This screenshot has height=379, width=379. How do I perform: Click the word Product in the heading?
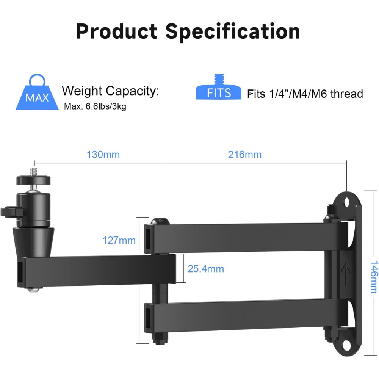click(117, 31)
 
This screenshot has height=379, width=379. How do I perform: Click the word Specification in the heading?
click(233, 32)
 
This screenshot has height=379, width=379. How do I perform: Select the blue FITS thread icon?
click(219, 87)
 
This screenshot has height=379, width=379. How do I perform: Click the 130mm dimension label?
click(103, 155)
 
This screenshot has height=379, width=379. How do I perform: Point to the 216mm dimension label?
click(244, 155)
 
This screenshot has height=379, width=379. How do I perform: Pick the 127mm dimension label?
click(119, 240)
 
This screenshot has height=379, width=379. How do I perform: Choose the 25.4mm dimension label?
click(206, 269)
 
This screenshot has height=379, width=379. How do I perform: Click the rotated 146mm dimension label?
click(374, 277)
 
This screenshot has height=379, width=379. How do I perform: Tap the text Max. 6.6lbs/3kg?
click(95, 106)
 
